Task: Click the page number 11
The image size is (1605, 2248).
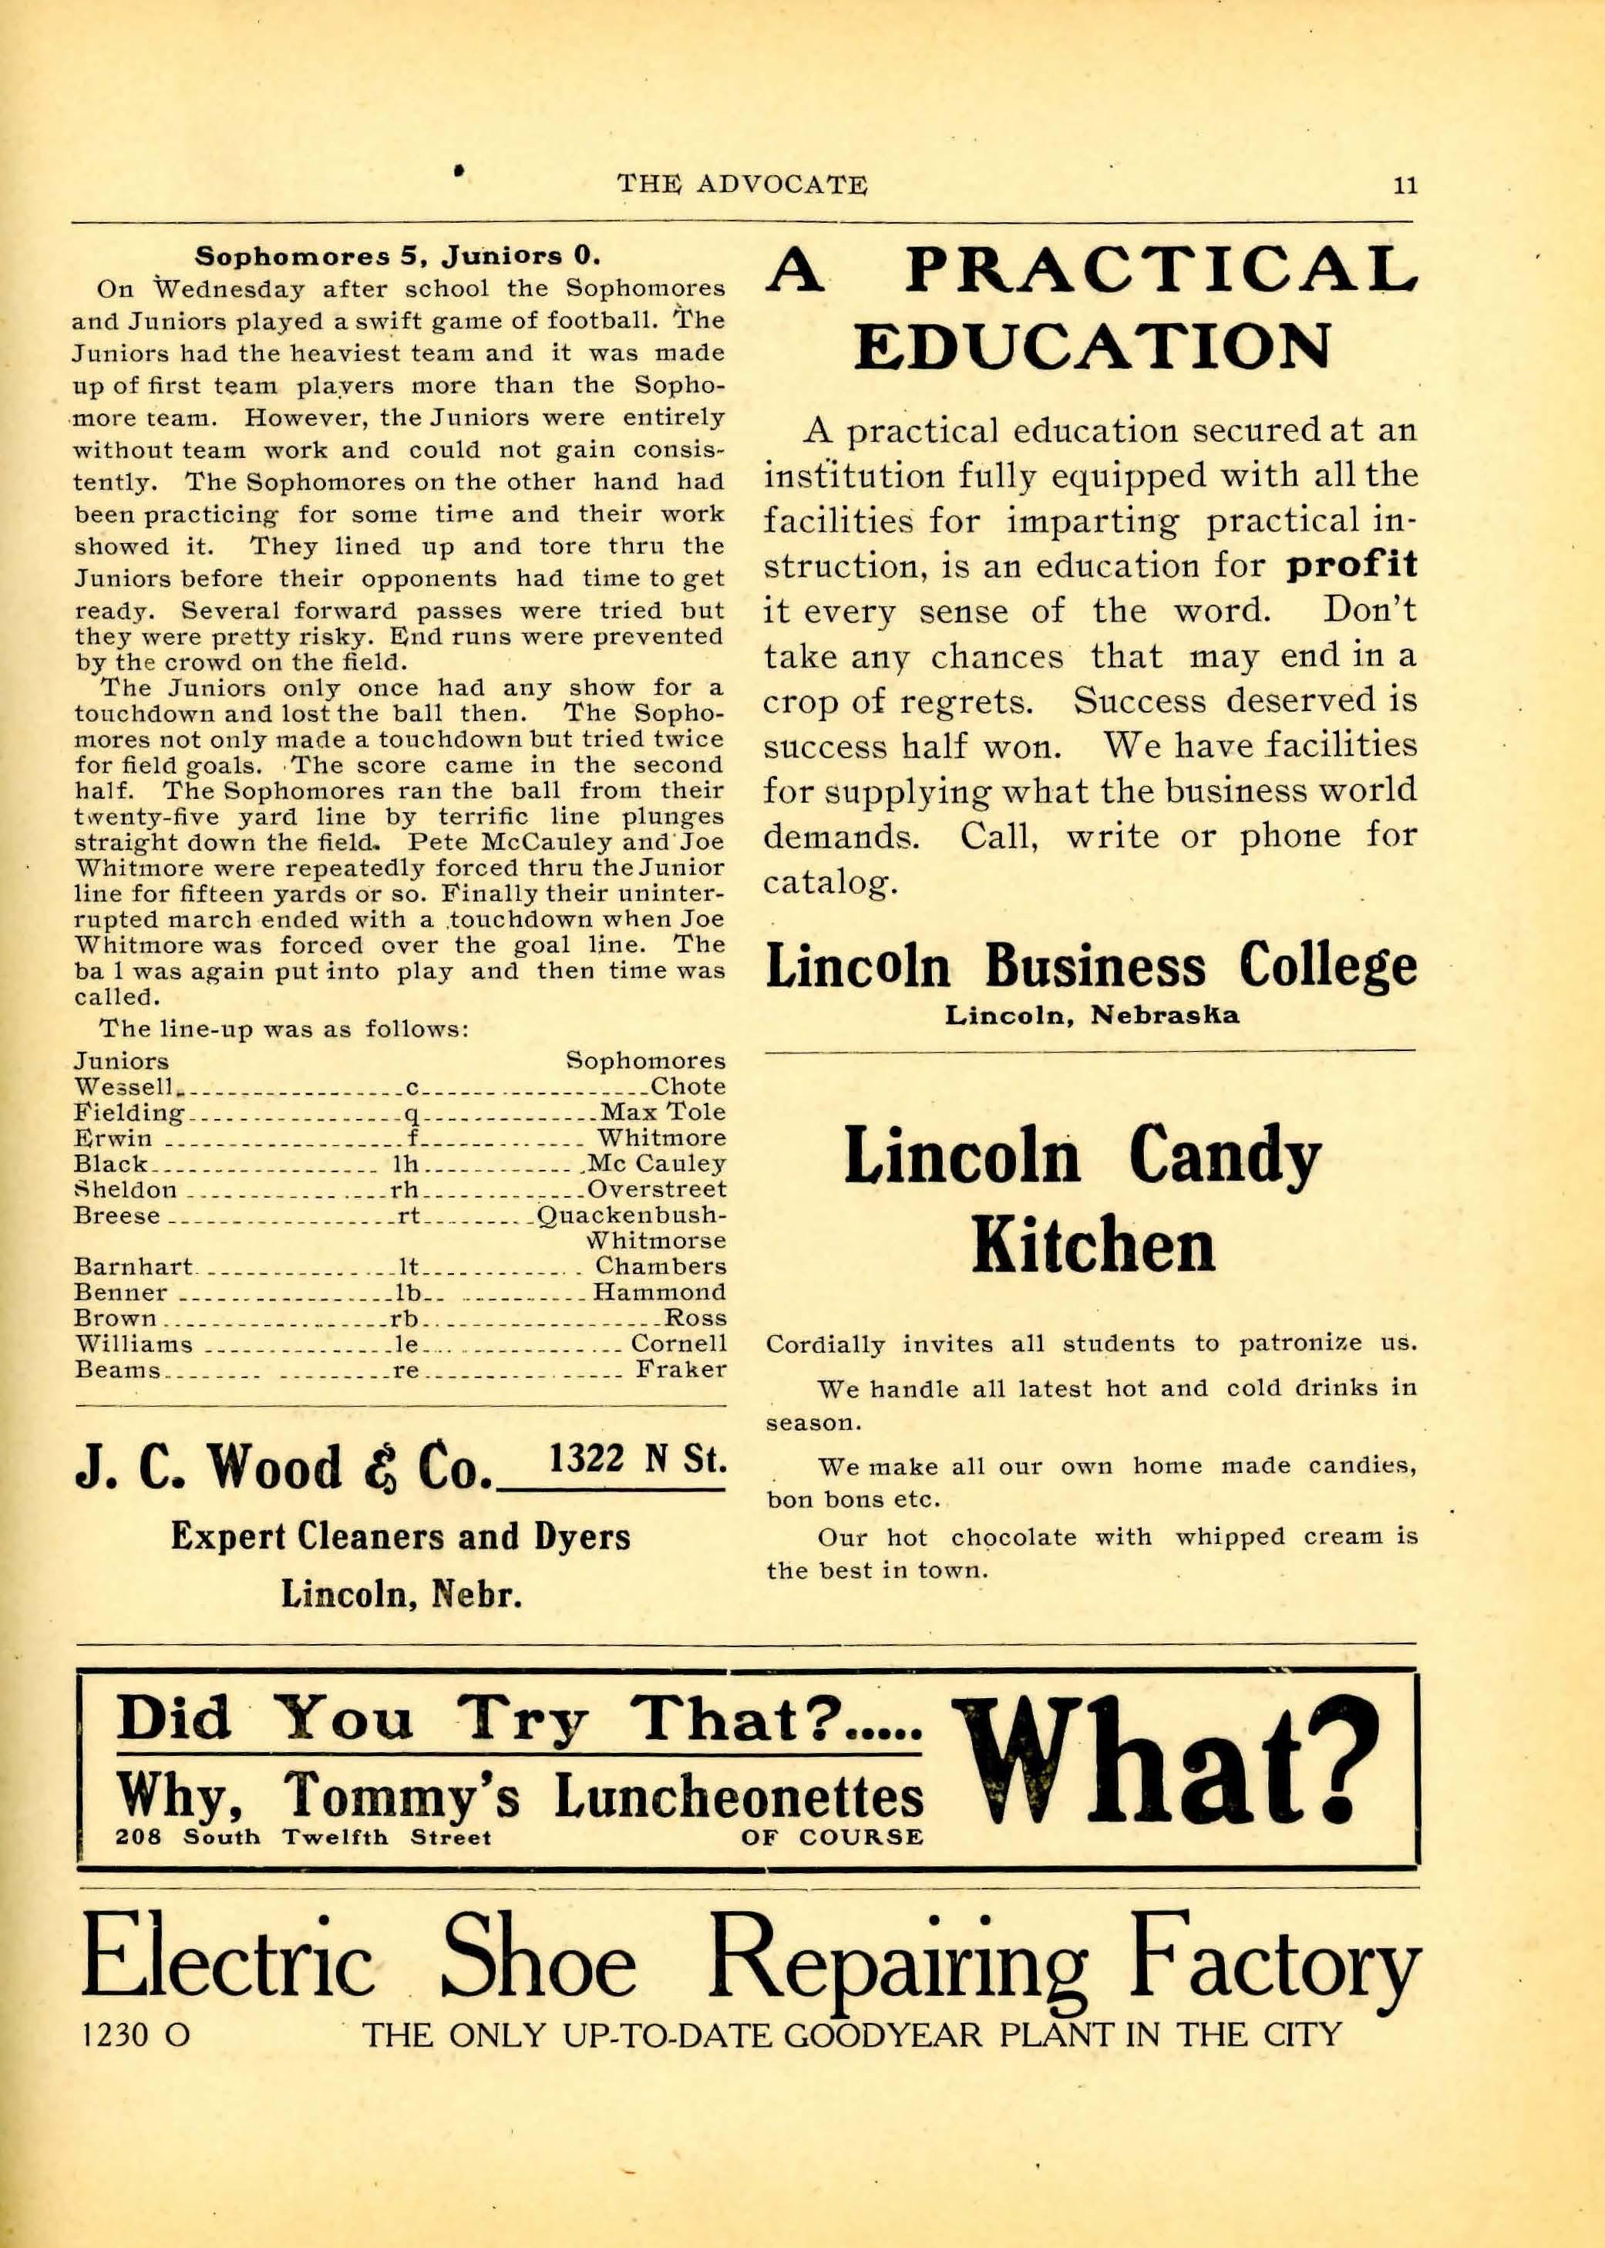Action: coord(1405,186)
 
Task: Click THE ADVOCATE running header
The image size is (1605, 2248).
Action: coord(742,185)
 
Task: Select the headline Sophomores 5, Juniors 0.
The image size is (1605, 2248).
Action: coord(397,256)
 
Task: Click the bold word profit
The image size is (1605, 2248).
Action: coord(1352,565)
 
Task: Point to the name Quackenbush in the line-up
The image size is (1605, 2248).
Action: coord(632,1215)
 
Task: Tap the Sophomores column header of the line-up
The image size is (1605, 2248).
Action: coord(645,1060)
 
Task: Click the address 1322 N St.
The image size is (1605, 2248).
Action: coord(638,1459)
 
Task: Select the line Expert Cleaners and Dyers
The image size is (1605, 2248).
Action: coord(400,1537)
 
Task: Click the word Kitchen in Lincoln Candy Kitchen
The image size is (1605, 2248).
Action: coord(1092,1246)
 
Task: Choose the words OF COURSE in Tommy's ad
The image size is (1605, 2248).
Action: coord(831,1838)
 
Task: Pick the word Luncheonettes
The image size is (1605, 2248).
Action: coord(739,1795)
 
